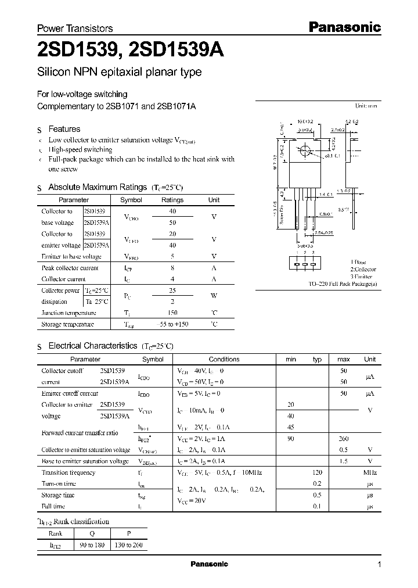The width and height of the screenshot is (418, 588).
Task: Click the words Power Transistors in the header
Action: pyautogui.click(x=75, y=28)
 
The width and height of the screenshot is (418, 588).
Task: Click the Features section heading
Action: pyautogui.click(x=64, y=129)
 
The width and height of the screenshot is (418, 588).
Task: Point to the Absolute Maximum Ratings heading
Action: pyautogui.click(x=97, y=187)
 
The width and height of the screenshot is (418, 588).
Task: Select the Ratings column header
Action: pyautogui.click(x=172, y=200)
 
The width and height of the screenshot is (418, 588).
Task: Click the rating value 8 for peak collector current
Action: pyautogui.click(x=172, y=268)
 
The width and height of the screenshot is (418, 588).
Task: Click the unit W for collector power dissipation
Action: pyautogui.click(x=214, y=296)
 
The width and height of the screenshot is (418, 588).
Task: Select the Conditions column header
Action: pyautogui.click(x=224, y=360)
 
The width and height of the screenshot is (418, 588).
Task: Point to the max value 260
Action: pyautogui.click(x=343, y=439)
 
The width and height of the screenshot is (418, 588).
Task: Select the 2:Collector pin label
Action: pyautogui.click(x=363, y=270)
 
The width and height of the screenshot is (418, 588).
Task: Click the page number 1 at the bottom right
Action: pyautogui.click(x=379, y=565)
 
